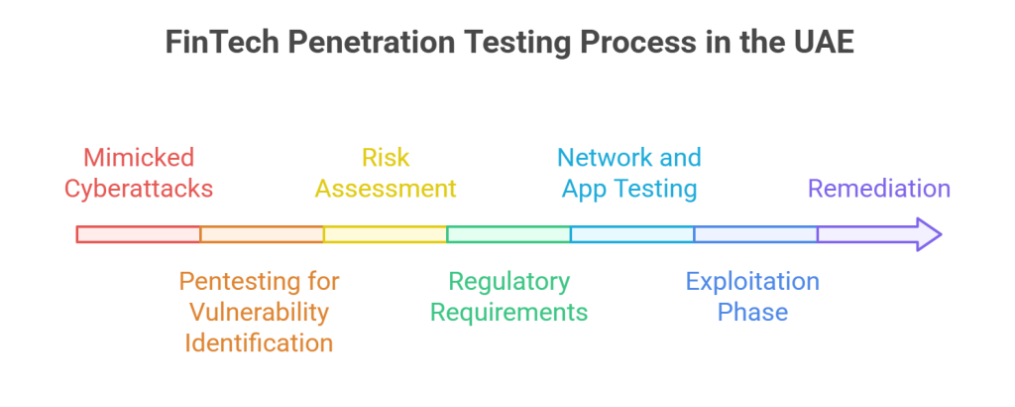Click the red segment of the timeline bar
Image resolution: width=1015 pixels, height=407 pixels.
coord(139,234)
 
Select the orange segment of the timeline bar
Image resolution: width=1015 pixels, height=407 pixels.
coord(262,234)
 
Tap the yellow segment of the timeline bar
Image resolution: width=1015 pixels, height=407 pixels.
coord(385,234)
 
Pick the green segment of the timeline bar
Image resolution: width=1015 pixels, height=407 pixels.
coord(508,234)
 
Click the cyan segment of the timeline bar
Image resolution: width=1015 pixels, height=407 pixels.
coord(631,234)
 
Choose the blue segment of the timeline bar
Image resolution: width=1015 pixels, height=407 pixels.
coord(755,234)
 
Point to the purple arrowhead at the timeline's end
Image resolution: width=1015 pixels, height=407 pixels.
coord(926,234)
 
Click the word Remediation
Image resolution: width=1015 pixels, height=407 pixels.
coord(879,189)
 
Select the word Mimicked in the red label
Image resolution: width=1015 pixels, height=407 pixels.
coord(139,158)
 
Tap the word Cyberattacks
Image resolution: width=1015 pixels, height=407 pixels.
coord(139,189)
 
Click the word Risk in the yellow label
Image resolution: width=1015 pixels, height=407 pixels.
coord(386,158)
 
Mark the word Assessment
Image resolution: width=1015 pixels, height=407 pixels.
coord(386,189)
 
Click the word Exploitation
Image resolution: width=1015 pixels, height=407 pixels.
coord(752,282)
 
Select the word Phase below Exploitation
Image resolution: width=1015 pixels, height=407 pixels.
coord(752,312)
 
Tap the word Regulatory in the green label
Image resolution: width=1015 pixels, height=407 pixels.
coord(508,282)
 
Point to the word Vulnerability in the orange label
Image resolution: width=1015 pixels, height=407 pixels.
coord(260,312)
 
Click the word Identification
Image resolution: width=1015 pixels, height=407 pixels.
coord(260,343)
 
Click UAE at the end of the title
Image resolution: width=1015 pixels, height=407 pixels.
coord(822,45)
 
